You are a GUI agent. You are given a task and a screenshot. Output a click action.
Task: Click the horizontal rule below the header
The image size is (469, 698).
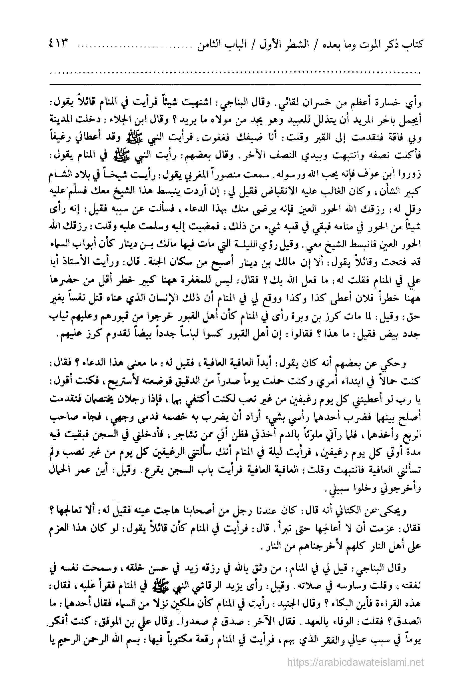click(234, 84)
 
